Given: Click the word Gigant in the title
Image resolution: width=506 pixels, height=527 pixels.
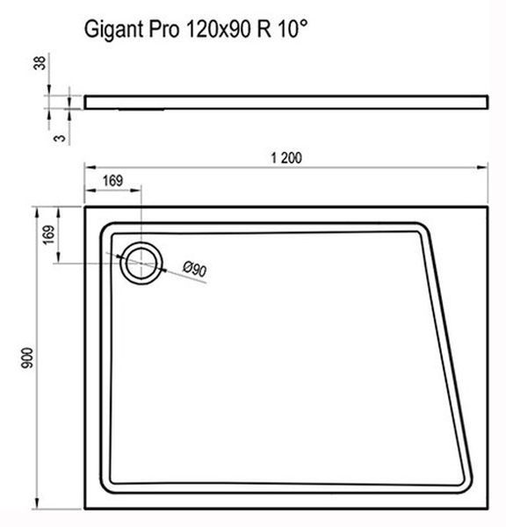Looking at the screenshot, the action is click(x=114, y=30).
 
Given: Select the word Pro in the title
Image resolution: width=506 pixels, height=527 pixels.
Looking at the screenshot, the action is click(x=163, y=29).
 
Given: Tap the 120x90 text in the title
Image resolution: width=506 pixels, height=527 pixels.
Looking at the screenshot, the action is click(x=218, y=29).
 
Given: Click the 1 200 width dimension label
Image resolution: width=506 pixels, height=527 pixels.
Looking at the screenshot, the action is click(x=286, y=158).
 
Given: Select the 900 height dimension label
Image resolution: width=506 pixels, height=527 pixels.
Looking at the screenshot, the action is click(x=27, y=358).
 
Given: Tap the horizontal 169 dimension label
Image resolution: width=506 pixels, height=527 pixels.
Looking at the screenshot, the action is click(x=113, y=181).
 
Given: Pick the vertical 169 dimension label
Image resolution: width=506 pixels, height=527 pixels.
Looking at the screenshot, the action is click(x=48, y=235).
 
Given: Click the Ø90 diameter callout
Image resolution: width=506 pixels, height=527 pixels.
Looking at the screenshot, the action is click(x=195, y=270).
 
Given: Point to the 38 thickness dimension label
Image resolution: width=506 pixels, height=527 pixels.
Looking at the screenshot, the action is click(x=40, y=63).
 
